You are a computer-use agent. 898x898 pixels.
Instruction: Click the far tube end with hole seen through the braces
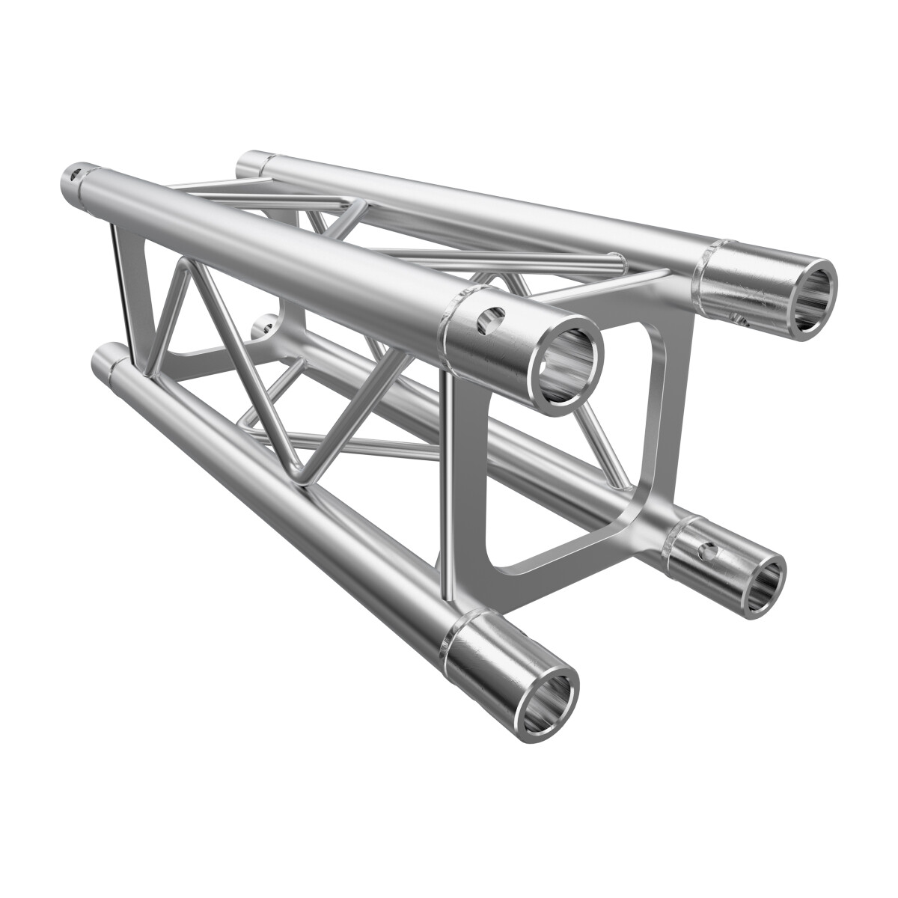pyautogui.click(x=264, y=326)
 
